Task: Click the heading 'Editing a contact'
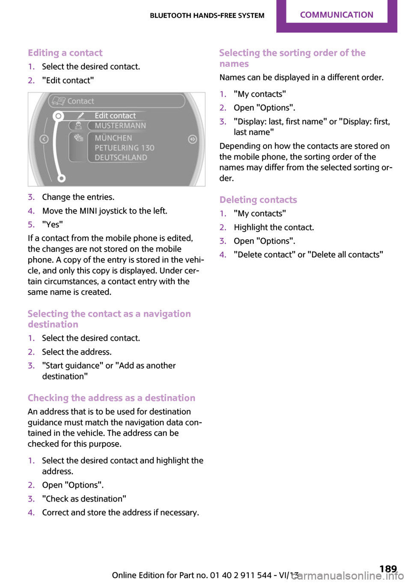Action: [65, 53]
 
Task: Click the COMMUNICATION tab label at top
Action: [337, 15]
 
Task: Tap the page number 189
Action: [388, 568]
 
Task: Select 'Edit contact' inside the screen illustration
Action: [115, 116]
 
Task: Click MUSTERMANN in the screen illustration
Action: [120, 125]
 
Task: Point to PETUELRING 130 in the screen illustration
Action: [124, 148]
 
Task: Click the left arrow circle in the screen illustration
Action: [44, 139]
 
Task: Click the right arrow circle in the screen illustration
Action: [192, 139]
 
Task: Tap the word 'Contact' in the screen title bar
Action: [80, 101]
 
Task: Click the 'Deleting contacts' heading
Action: [258, 200]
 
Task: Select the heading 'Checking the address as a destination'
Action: [111, 398]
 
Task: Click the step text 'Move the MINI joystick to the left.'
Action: [104, 211]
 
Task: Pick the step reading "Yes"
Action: [52, 224]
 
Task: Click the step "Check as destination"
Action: [84, 499]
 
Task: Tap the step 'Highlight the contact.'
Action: [274, 227]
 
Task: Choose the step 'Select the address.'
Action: [77, 352]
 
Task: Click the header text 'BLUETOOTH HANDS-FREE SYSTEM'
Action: [207, 15]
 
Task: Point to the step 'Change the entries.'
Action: [78, 197]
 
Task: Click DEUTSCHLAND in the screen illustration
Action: [121, 158]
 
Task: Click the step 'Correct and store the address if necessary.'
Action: [120, 512]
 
